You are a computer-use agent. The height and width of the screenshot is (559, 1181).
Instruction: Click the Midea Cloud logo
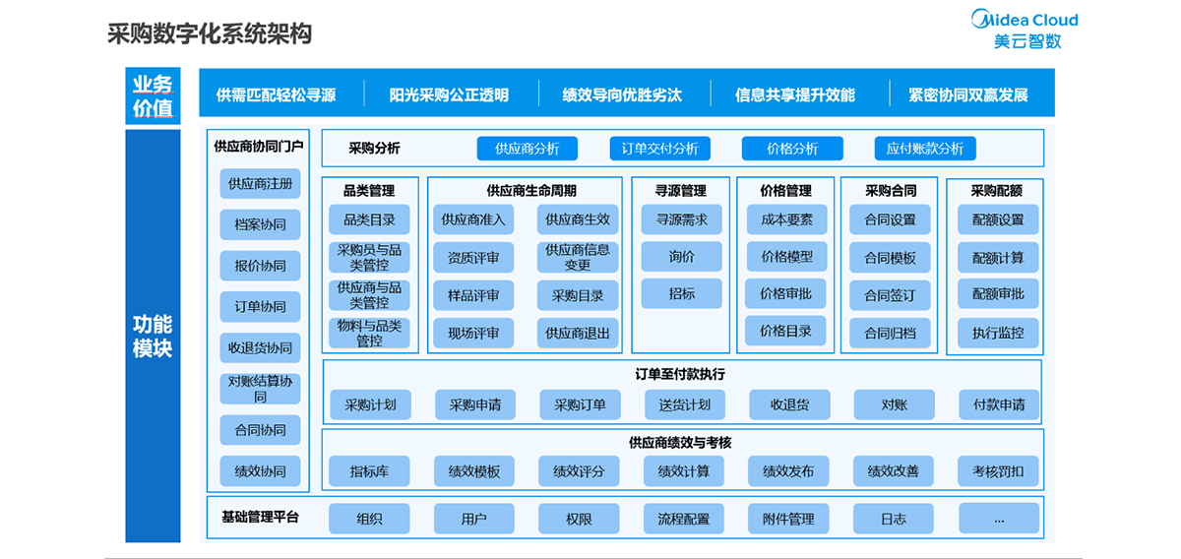[x=1025, y=30]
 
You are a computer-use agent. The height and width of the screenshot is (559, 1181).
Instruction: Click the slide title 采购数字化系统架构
[x=210, y=33]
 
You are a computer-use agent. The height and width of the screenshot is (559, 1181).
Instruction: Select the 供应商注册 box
[x=260, y=183]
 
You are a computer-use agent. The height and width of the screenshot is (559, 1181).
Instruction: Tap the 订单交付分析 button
[x=659, y=149]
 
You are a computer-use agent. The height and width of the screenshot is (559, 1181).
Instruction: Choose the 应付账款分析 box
[x=925, y=149]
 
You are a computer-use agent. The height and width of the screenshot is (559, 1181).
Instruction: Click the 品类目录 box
[x=369, y=219]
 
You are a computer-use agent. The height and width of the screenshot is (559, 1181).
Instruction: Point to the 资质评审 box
[x=473, y=257]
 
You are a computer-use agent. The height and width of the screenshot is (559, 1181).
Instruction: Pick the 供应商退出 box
[x=578, y=333]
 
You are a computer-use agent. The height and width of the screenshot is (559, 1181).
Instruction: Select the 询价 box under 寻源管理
[x=681, y=256]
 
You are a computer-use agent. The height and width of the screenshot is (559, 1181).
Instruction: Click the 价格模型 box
[x=786, y=256]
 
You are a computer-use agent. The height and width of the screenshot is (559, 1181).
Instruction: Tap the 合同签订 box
[x=890, y=295]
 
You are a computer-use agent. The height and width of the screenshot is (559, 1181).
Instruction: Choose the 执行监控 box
[x=998, y=333]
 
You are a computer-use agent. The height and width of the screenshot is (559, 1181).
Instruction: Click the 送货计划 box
[x=685, y=404]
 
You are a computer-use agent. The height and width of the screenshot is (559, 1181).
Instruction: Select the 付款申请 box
[x=999, y=404]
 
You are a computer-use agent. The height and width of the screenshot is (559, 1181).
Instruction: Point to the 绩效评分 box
[x=579, y=471]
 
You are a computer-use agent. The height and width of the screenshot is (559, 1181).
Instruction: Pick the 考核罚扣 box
[x=998, y=471]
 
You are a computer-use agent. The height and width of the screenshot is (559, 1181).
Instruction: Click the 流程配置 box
[x=683, y=519]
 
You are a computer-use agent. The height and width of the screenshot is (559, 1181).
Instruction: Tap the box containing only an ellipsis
[x=999, y=518]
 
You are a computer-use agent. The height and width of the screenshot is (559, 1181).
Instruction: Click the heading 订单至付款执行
[x=680, y=374]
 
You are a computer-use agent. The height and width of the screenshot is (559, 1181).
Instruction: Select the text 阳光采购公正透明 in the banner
[x=449, y=94]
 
